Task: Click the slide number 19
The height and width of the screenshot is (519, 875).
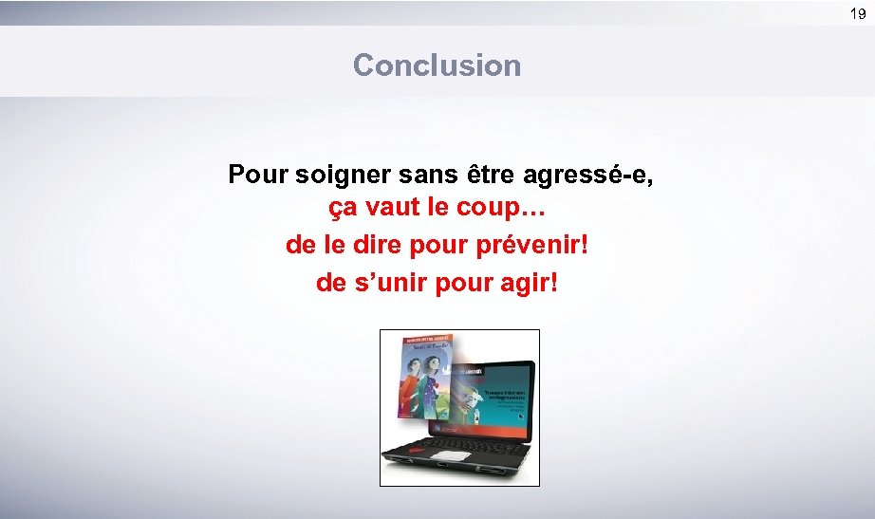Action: (857, 13)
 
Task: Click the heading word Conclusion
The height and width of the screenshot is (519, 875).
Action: (437, 65)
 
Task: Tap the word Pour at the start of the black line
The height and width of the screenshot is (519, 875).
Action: (259, 176)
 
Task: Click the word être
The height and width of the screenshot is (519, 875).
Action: (487, 176)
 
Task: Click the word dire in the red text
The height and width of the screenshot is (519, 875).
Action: (376, 245)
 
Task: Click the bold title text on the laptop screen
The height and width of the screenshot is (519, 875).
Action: (499, 376)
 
